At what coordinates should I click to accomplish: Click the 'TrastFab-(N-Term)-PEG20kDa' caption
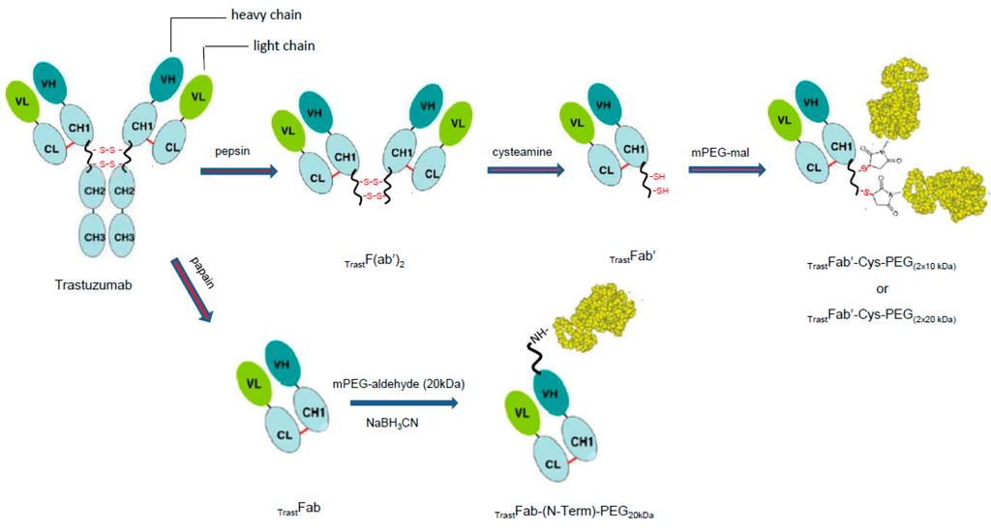[x=575, y=510]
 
